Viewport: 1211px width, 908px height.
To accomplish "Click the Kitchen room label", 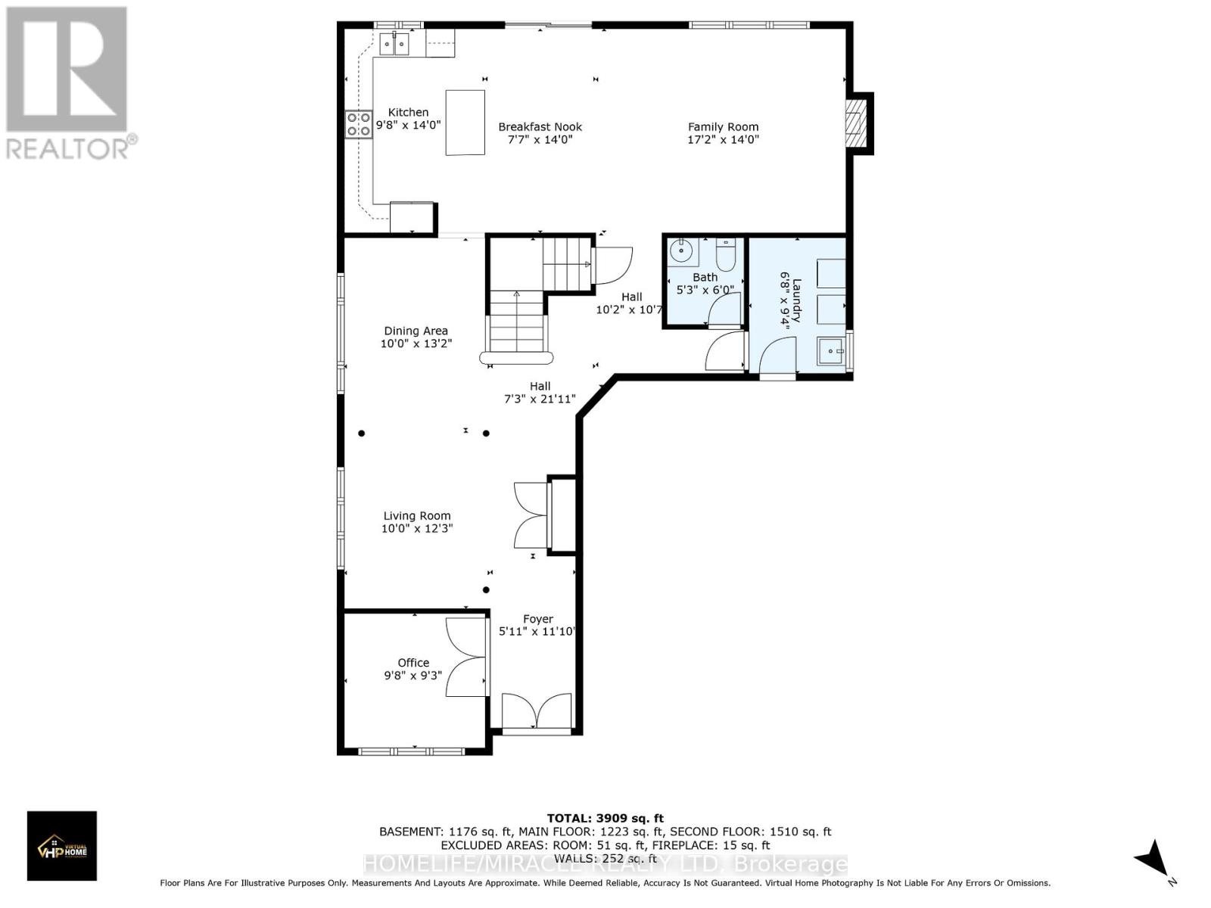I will [408, 112].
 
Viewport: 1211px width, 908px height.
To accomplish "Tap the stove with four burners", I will [359, 124].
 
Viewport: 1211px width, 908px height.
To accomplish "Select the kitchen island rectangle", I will [465, 122].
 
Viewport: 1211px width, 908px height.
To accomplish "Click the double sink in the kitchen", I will [394, 45].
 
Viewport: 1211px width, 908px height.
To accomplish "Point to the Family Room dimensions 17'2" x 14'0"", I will [723, 139].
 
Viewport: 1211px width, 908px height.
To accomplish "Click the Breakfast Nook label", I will [540, 127].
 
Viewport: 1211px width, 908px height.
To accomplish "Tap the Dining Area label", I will [416, 331].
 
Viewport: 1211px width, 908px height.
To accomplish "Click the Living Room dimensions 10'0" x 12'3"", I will [417, 528].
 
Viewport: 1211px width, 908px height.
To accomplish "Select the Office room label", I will [413, 662].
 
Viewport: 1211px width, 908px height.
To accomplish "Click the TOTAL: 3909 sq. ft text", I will [605, 818].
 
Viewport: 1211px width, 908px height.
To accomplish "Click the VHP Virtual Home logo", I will [62, 846].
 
